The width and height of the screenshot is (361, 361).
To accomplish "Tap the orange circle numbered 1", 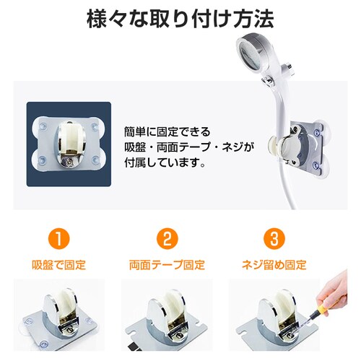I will [60, 238].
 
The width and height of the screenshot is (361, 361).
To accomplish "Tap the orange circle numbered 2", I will [167, 238].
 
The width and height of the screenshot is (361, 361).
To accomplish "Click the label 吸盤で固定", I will [60, 264].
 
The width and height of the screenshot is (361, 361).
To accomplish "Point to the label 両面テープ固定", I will [167, 264].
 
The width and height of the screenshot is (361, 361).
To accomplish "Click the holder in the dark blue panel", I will [70, 144].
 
